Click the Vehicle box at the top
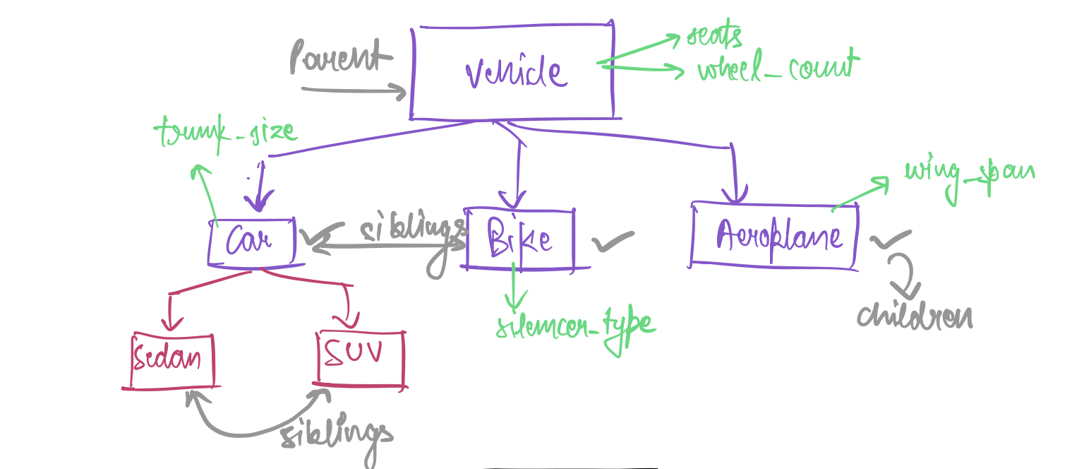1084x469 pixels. (x=512, y=71)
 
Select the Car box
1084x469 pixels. (x=251, y=242)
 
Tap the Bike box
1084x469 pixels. (x=519, y=240)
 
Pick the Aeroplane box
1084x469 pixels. (x=775, y=236)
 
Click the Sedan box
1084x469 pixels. (x=173, y=360)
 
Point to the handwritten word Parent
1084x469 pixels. (x=337, y=57)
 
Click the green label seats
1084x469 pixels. (x=714, y=35)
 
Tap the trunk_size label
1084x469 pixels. (x=225, y=131)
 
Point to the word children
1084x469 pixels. (x=915, y=316)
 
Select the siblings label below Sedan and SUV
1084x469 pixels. (x=337, y=434)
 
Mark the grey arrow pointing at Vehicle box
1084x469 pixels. (x=353, y=90)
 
